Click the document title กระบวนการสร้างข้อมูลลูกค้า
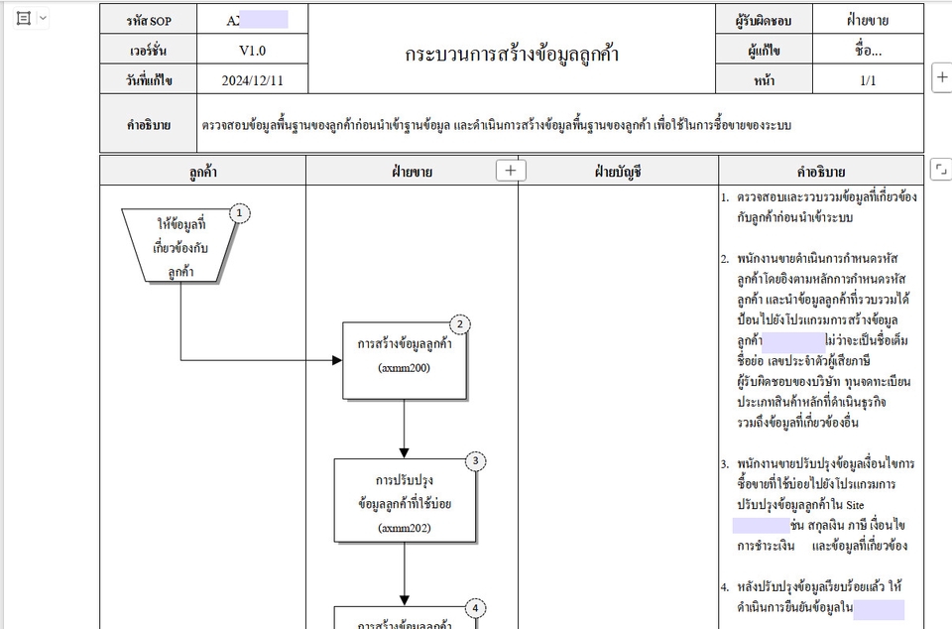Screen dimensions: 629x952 (x=512, y=55)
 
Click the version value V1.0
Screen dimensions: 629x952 (x=252, y=50)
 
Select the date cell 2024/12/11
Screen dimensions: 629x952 (x=252, y=80)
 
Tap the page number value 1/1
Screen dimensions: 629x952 (x=868, y=80)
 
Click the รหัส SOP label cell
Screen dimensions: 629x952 (x=149, y=20)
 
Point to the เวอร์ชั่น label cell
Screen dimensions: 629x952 (x=149, y=50)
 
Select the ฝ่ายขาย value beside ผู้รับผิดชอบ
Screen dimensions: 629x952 (x=868, y=20)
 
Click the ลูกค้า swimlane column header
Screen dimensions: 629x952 (x=203, y=172)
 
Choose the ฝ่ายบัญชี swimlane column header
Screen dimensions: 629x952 (x=618, y=172)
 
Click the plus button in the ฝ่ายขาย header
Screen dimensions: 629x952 (x=511, y=171)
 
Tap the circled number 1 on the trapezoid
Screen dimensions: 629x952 (x=239, y=212)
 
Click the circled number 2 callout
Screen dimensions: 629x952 (x=459, y=324)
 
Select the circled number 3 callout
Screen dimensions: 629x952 (x=476, y=460)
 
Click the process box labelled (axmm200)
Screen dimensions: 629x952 (x=404, y=360)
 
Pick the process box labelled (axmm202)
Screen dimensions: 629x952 (x=404, y=501)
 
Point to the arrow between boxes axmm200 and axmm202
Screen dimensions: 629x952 (x=404, y=429)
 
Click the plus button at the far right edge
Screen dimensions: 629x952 (x=941, y=76)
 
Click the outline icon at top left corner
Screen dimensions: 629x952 (x=24, y=19)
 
